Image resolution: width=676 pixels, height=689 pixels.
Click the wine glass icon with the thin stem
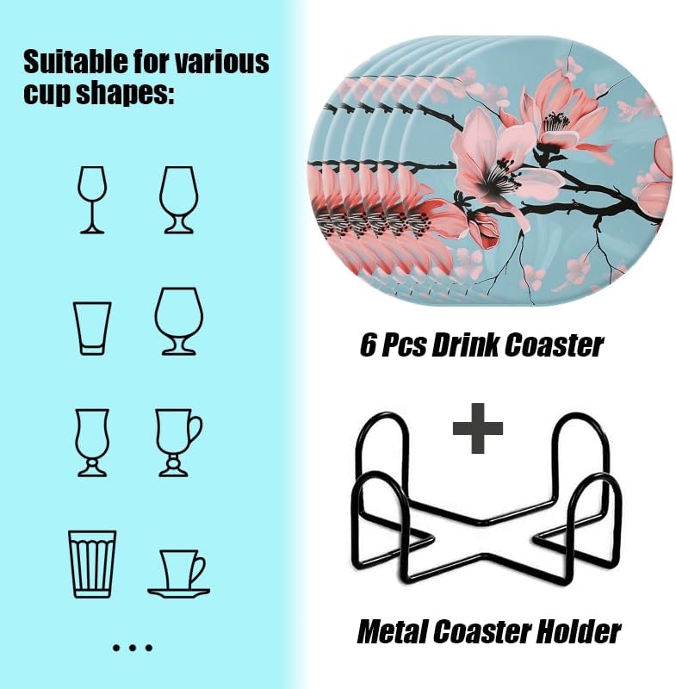[92, 200]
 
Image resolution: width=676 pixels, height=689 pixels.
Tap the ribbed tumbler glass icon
[92, 564]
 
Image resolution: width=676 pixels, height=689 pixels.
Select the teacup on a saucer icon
[178, 574]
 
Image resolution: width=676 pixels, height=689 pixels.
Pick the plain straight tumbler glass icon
[92, 328]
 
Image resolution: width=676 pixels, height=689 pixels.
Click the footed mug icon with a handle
[178, 443]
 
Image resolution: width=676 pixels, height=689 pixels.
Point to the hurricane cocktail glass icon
[92, 443]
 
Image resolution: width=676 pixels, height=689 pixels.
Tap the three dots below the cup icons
[133, 648]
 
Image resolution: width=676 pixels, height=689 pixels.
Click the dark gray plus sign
[477, 428]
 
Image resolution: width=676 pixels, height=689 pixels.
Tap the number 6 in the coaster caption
[368, 345]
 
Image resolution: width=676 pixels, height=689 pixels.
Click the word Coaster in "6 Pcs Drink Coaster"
[554, 345]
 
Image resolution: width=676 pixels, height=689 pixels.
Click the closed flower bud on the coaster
[484, 228]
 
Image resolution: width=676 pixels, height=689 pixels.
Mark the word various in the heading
[222, 62]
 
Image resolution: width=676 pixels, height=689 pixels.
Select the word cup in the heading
[47, 94]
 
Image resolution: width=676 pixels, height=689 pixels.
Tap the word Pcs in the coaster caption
[403, 345]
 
